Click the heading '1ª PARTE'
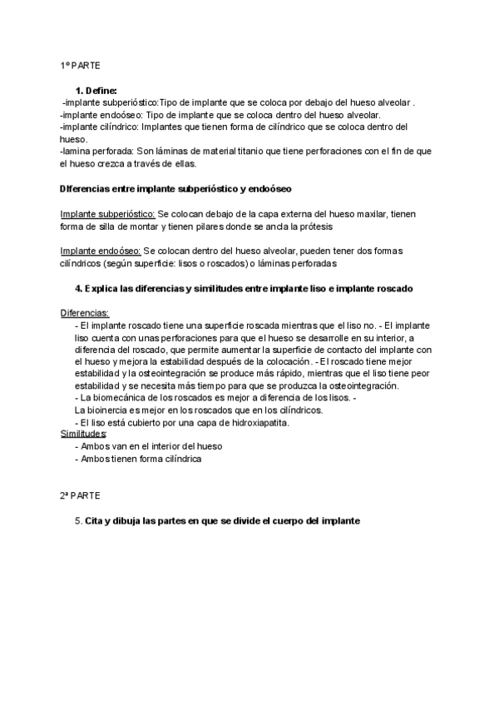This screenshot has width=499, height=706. pyautogui.click(x=80, y=65)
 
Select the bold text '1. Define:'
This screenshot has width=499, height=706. pyautogui.click(x=96, y=90)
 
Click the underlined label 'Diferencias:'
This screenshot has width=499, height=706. pyautogui.click(x=85, y=313)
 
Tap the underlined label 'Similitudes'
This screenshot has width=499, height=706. pyautogui.click(x=83, y=434)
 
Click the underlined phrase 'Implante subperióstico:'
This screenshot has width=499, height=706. pyautogui.click(x=108, y=214)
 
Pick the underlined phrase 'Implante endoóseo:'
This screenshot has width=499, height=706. pyautogui.click(x=101, y=251)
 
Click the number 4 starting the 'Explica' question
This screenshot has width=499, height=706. pyautogui.click(x=79, y=288)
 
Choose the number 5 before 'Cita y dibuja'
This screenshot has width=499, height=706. pyautogui.click(x=78, y=520)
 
